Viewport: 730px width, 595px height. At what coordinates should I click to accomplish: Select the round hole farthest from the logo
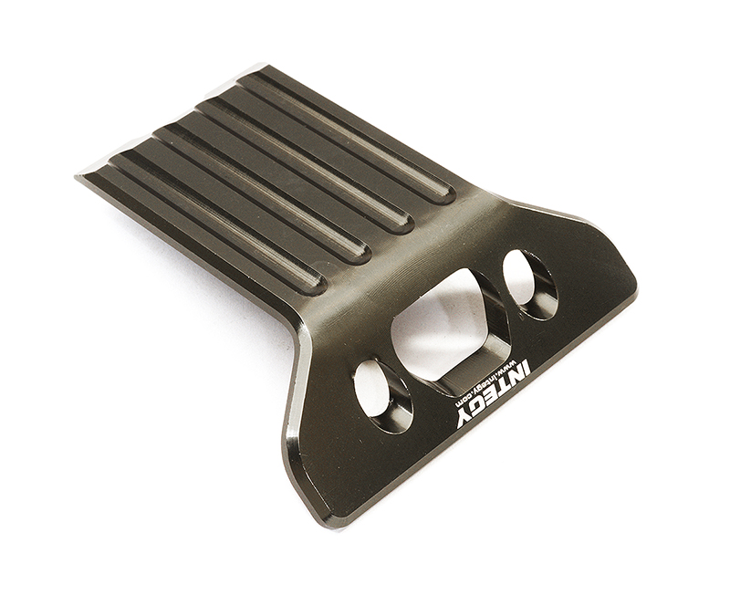529,283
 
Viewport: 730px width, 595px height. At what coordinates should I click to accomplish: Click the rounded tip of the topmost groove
445,195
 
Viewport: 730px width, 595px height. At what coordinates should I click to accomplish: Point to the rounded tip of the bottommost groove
313,284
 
